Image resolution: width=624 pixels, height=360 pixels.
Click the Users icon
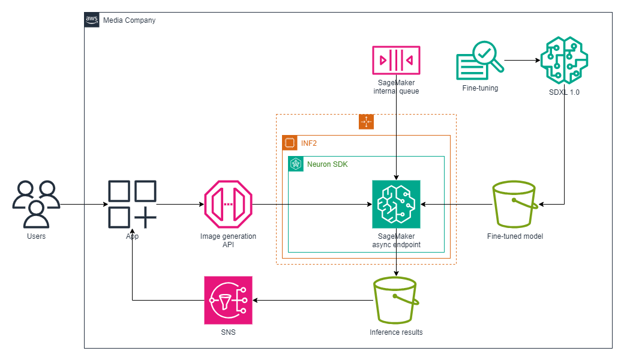pyautogui.click(x=36, y=204)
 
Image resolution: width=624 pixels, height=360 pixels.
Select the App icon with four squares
pyautogui.click(x=132, y=204)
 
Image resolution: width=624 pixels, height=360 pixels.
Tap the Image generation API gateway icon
pyautogui.click(x=228, y=204)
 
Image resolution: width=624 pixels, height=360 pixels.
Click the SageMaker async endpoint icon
pyautogui.click(x=396, y=204)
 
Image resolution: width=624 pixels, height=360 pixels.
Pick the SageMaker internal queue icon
pyautogui.click(x=396, y=60)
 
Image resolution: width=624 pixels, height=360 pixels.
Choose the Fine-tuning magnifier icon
pyautogui.click(x=480, y=60)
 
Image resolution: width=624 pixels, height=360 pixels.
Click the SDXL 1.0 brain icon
pyautogui.click(x=564, y=60)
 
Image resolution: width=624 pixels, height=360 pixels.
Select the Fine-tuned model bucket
pyautogui.click(x=514, y=204)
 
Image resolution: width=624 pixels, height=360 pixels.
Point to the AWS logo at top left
pyautogui.click(x=92, y=20)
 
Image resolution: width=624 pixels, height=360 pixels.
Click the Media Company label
pyautogui.click(x=129, y=20)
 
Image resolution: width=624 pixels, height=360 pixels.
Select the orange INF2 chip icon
pyautogui.click(x=290, y=143)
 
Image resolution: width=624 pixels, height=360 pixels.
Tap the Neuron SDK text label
pyautogui.click(x=327, y=164)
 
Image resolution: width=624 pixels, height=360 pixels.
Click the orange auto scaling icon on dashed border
pyautogui.click(x=366, y=122)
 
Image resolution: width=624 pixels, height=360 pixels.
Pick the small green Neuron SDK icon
pyautogui.click(x=296, y=164)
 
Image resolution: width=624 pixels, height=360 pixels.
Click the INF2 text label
pyautogui.click(x=309, y=143)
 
